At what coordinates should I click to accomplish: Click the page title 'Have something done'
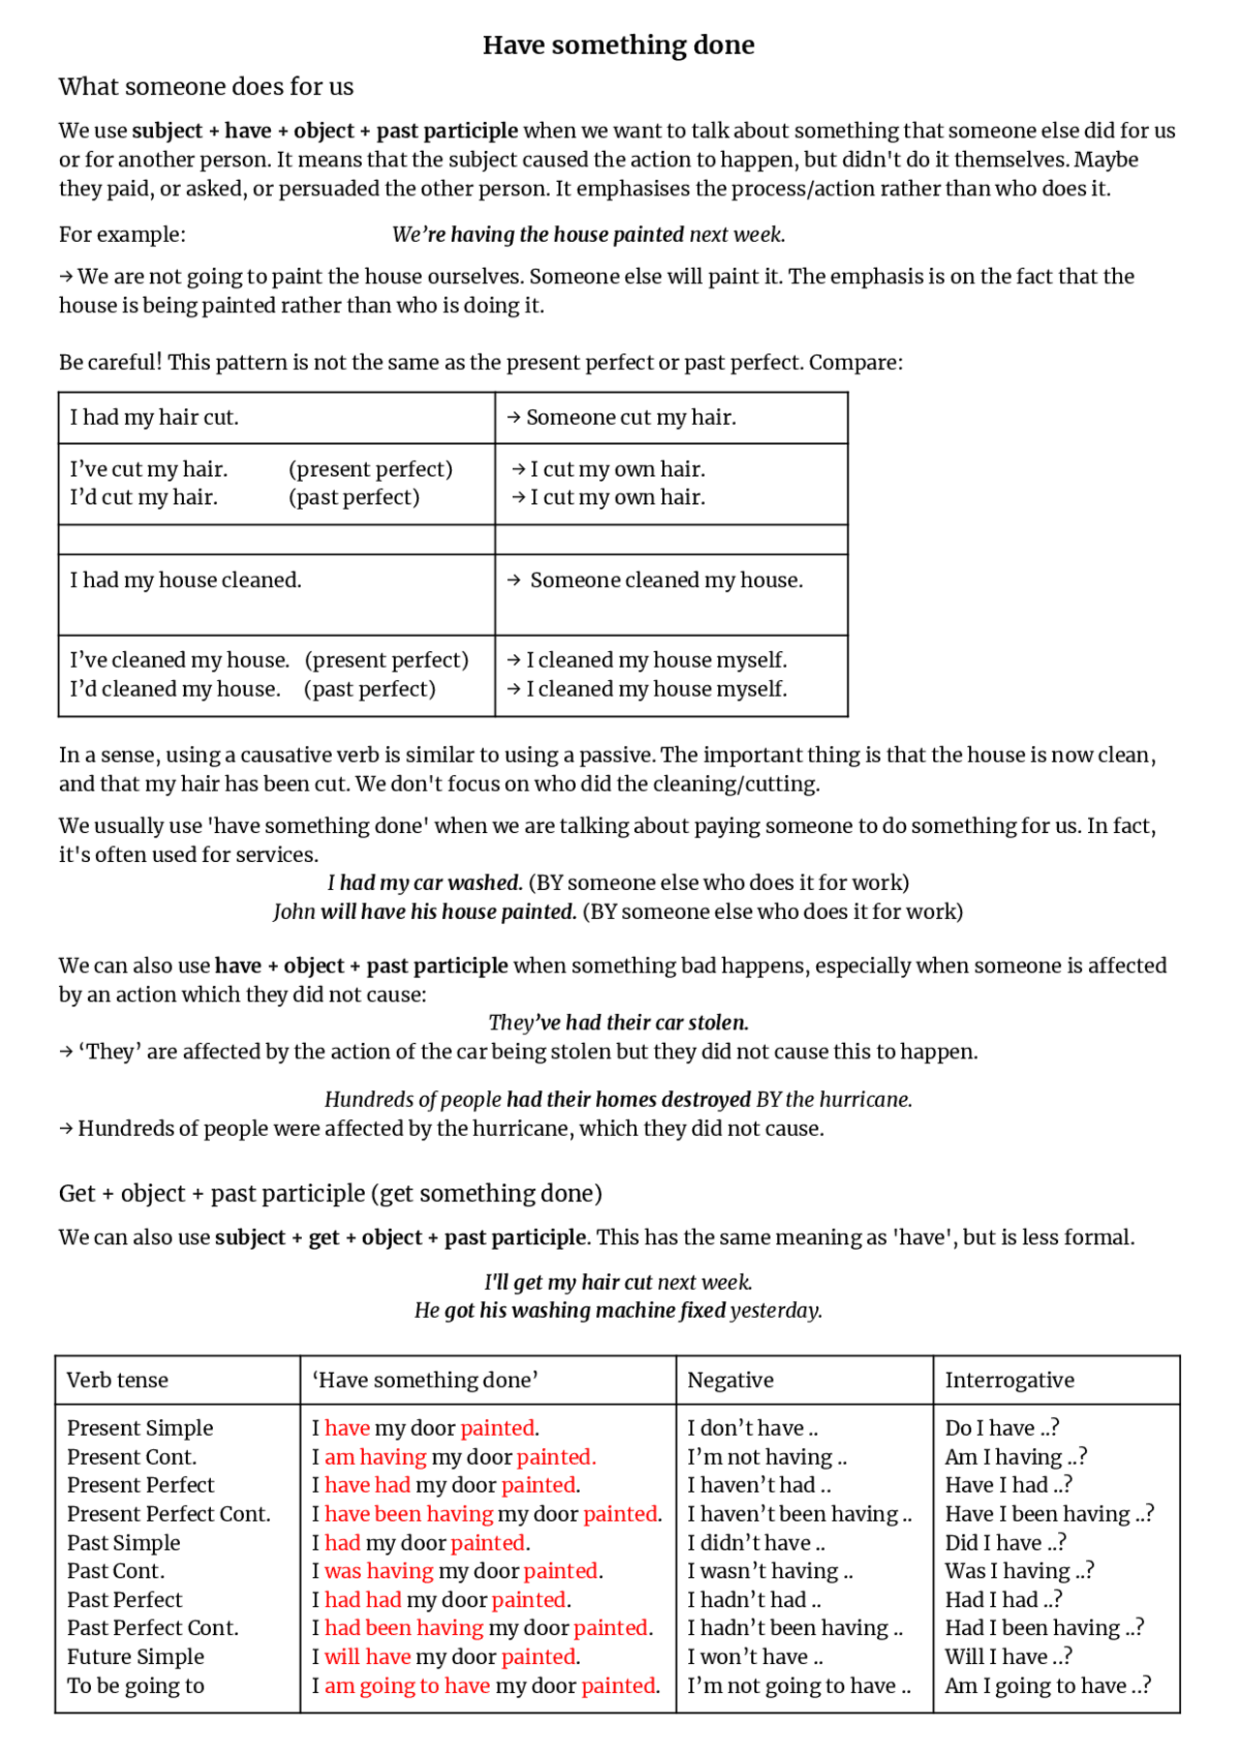(x=619, y=45)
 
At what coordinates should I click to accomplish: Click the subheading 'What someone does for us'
(x=206, y=87)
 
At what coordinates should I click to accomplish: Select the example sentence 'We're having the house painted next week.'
(x=589, y=235)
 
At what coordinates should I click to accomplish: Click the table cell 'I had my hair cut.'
(x=154, y=418)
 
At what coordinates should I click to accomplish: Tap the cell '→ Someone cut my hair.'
(x=621, y=418)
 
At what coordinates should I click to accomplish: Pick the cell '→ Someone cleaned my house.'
(x=655, y=580)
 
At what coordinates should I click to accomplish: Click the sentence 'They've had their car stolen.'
(x=619, y=1023)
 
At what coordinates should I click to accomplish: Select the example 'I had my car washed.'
(x=425, y=883)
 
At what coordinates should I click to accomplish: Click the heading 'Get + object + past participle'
(x=330, y=1194)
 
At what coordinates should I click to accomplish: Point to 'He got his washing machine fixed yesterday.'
(x=619, y=1311)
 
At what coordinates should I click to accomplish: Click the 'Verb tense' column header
(x=117, y=1381)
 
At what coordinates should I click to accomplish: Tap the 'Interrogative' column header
(x=1010, y=1381)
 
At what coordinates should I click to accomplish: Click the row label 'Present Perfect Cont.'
(x=168, y=1514)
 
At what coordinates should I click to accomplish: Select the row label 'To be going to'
(x=136, y=1685)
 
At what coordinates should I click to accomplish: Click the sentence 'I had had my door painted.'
(x=441, y=1600)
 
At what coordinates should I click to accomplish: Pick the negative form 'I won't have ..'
(x=755, y=1657)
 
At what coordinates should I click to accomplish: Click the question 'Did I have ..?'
(x=1006, y=1543)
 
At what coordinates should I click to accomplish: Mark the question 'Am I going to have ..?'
(x=1048, y=1685)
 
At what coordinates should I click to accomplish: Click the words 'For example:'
(x=122, y=235)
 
